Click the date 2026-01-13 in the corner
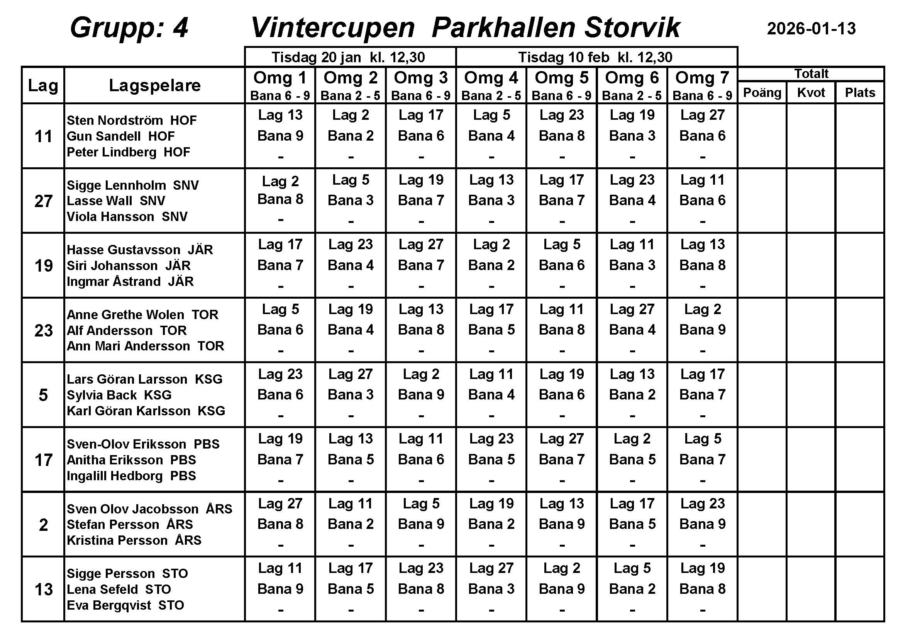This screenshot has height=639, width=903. click(x=811, y=29)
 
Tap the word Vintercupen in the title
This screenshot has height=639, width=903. click(x=333, y=28)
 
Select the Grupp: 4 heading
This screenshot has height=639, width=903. click(x=129, y=28)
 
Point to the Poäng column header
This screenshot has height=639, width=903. click(x=762, y=93)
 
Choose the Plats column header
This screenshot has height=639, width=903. click(x=860, y=93)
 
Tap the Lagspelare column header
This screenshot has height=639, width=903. click(x=154, y=85)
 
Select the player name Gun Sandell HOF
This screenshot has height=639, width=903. click(x=121, y=136)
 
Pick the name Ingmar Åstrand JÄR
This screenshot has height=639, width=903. click(x=130, y=281)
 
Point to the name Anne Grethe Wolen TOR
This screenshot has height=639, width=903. click(x=142, y=314)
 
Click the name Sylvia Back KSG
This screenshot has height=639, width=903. click(x=119, y=395)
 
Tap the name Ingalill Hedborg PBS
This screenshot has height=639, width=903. click(x=131, y=476)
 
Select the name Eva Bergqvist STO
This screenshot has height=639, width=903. click(x=125, y=605)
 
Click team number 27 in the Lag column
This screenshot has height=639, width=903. click(x=43, y=201)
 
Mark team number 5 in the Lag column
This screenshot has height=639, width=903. click(x=43, y=395)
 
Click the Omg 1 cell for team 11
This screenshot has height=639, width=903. click(x=280, y=135)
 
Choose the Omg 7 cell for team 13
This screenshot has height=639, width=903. click(x=702, y=589)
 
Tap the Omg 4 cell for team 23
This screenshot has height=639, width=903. click(x=491, y=330)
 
